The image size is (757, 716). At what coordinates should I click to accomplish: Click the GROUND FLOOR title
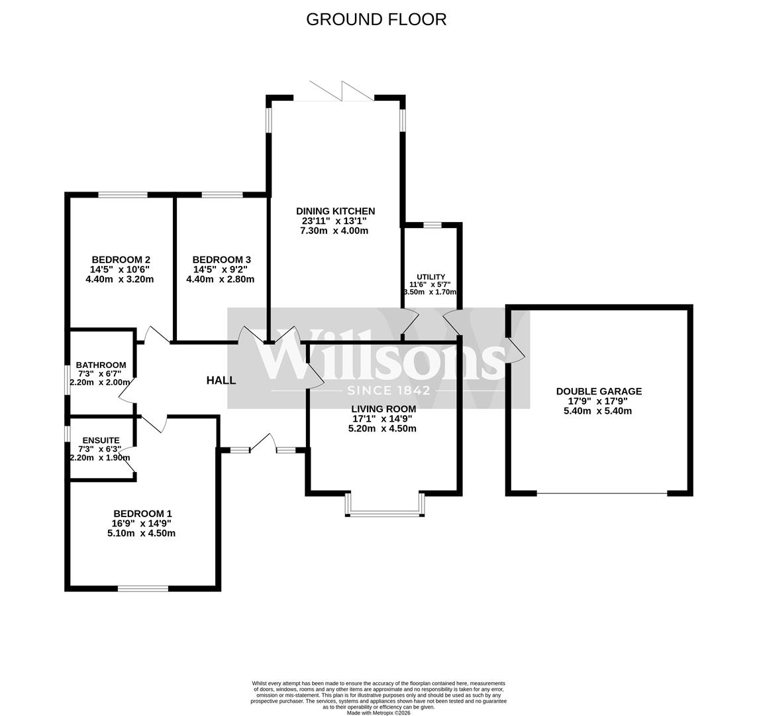[x=376, y=19]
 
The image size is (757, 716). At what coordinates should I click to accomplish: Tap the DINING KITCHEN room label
[x=335, y=211]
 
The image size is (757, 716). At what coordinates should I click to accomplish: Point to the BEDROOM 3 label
[x=221, y=260]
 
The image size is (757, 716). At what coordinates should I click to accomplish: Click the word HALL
[x=221, y=381]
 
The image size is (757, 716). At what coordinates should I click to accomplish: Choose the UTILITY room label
[x=430, y=277]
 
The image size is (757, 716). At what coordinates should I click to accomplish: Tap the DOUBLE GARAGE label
[x=599, y=392]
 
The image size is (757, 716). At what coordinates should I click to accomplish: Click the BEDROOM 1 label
[x=142, y=514]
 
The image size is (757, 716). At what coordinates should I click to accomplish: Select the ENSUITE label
[x=101, y=440]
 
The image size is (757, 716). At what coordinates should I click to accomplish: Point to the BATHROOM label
[x=101, y=365]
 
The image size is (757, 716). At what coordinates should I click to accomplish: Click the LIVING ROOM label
[x=383, y=409]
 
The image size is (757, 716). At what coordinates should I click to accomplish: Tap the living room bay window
[x=384, y=512]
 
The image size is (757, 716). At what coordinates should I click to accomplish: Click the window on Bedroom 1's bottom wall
[x=142, y=588]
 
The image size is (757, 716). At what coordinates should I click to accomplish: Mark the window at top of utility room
[x=432, y=225]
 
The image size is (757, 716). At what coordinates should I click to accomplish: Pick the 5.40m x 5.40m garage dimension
[x=599, y=411]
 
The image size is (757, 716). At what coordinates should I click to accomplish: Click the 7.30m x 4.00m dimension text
[x=335, y=231]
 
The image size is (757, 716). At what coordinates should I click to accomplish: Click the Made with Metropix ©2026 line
[x=378, y=713]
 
